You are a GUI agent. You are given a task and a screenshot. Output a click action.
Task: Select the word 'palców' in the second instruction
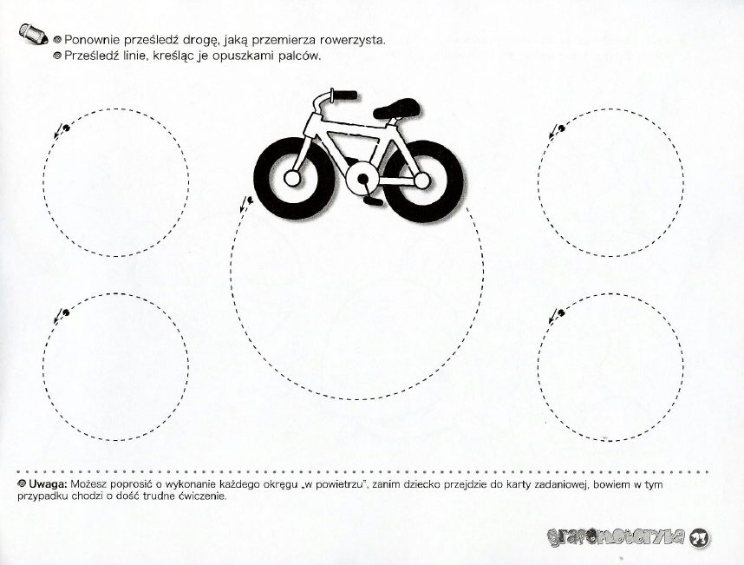[x=301, y=56]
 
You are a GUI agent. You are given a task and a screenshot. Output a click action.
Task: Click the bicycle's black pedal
[x=374, y=200]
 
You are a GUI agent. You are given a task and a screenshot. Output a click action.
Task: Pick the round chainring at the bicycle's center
[x=360, y=180]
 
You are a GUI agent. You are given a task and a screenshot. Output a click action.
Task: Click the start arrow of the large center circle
[x=246, y=205]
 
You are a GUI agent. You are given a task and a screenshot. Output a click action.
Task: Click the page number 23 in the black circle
[x=700, y=538]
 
